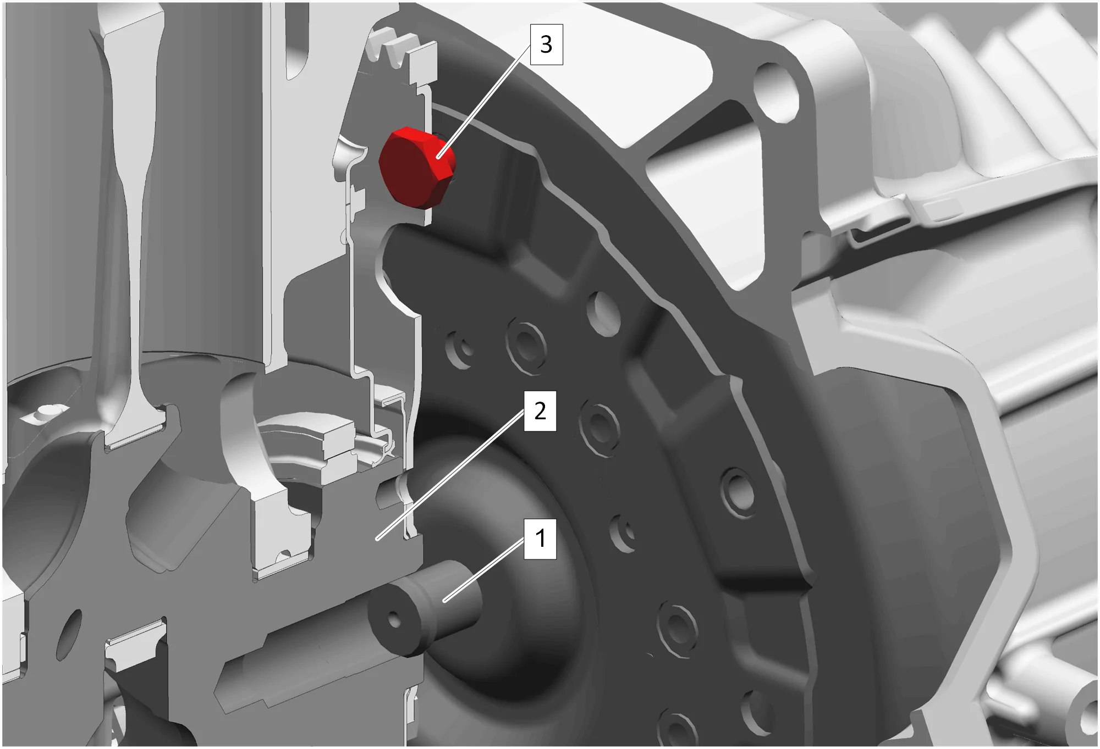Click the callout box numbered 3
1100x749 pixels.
point(546,45)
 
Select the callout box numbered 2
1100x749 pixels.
point(540,411)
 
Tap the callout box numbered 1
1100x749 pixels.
point(540,539)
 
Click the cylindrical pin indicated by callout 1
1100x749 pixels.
point(424,607)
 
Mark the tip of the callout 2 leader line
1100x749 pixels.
point(377,539)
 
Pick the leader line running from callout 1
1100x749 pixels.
point(484,570)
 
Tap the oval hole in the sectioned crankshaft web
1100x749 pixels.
point(69,635)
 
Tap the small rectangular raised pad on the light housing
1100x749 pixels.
point(944,208)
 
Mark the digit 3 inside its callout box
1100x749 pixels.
point(546,45)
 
